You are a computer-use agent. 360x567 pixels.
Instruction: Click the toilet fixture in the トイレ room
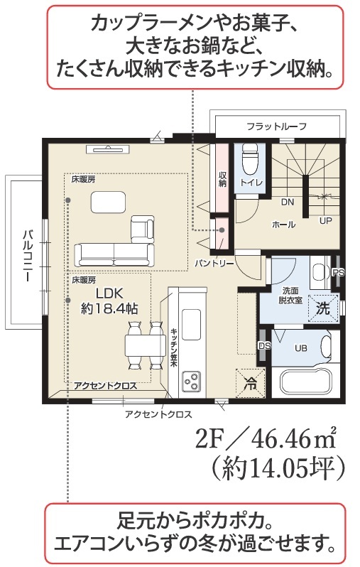(x=249, y=160)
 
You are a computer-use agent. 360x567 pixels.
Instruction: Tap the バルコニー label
(x=27, y=256)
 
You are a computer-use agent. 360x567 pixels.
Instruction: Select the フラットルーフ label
(x=276, y=126)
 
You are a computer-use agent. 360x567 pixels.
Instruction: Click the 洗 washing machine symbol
(x=324, y=308)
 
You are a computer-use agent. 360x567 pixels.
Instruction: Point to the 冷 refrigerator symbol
(x=250, y=383)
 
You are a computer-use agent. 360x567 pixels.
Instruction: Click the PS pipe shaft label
(x=339, y=272)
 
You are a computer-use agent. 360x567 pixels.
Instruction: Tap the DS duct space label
(x=265, y=346)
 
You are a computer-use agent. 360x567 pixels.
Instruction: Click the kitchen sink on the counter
(x=191, y=324)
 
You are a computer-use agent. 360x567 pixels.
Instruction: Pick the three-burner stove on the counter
(x=192, y=381)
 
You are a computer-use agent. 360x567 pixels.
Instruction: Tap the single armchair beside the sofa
(x=143, y=229)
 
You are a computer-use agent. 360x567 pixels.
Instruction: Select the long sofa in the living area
(x=114, y=255)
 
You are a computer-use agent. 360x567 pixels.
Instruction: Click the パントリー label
(x=214, y=263)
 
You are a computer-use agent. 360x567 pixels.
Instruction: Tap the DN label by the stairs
(x=288, y=202)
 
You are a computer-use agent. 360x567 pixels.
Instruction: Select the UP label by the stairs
(x=325, y=220)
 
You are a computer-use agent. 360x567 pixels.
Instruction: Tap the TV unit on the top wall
(x=108, y=148)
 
